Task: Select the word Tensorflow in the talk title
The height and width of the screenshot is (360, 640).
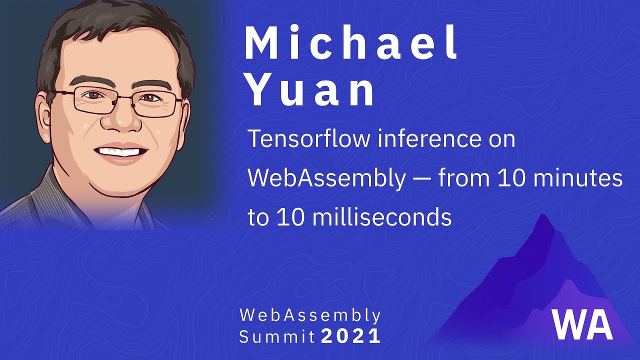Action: (309, 139)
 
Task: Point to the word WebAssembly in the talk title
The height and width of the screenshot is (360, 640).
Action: (327, 178)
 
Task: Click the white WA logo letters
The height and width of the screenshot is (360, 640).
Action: (582, 324)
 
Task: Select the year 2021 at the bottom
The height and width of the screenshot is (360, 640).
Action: (351, 336)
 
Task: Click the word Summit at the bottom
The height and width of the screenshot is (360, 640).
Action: (277, 336)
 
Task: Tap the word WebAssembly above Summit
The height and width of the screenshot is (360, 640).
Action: (310, 315)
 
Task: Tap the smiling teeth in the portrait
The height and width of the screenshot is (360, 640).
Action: (121, 150)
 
